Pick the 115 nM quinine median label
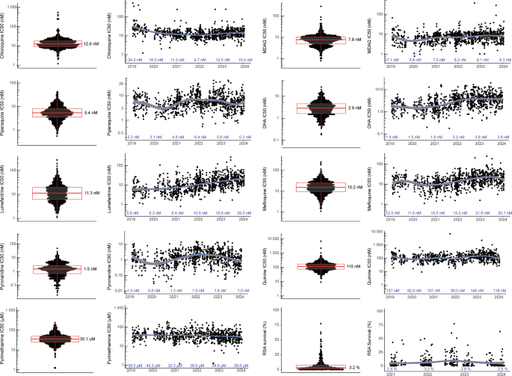pyautogui.click(x=354, y=266)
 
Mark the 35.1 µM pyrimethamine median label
pyautogui.click(x=93, y=339)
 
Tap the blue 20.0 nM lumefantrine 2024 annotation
pyautogui.click(x=240, y=213)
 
